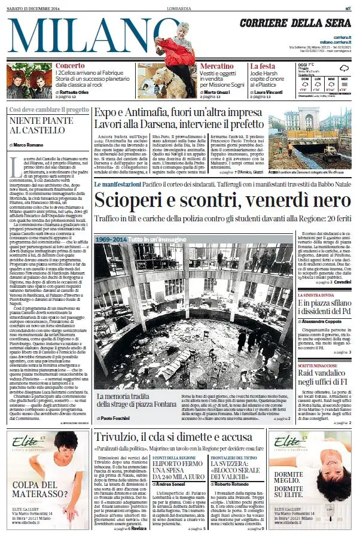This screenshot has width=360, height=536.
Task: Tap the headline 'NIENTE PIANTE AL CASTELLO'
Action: pyautogui.click(x=41, y=125)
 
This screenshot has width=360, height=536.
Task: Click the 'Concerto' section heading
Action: pyautogui.click(x=70, y=66)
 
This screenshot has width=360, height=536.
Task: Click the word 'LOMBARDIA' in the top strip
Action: pyautogui.click(x=179, y=7)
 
